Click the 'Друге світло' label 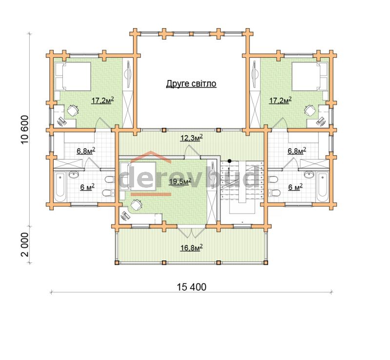[x=191, y=83]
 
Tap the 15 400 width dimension [x=192, y=287]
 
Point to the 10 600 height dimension [x=25, y=130]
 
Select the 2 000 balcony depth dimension [x=25, y=244]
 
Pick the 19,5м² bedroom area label [x=180, y=181]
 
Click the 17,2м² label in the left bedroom [x=103, y=100]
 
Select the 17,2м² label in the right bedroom [x=280, y=100]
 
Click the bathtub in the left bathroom [x=60, y=187]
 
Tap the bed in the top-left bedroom [x=72, y=76]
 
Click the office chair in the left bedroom [x=72, y=110]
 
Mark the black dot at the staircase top [x=229, y=161]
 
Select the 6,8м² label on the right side [x=297, y=151]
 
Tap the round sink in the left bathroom [x=74, y=175]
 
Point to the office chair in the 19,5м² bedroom [x=136, y=205]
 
